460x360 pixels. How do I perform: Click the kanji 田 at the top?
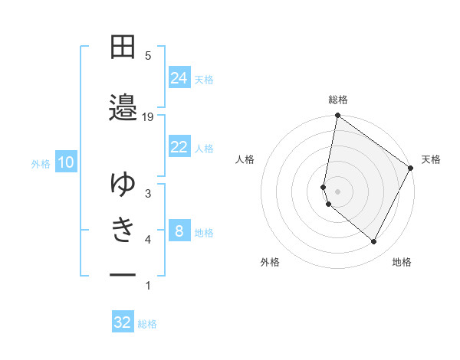coord(123,47)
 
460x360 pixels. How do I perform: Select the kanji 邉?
coord(123,107)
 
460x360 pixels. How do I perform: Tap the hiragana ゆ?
coord(123,184)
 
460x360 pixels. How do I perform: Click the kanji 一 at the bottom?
coord(123,274)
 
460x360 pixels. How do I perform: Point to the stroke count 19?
coord(148,116)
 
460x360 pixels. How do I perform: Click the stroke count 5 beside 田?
coord(148,56)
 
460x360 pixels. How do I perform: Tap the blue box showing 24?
coord(179,78)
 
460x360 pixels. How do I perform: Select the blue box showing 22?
coord(179,147)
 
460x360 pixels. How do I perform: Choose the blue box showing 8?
coord(179,231)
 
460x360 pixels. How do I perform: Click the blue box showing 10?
coord(65,162)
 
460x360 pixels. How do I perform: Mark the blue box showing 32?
coord(123,322)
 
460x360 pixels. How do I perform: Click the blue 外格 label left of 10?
coord(41,163)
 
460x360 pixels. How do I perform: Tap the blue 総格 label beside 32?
coord(147,324)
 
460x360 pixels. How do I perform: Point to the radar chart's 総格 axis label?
coord(338,100)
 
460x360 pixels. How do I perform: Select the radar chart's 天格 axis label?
coord(432,159)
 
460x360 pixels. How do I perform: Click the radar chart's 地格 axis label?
coord(402,262)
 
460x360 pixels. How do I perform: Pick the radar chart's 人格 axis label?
coord(245,159)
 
